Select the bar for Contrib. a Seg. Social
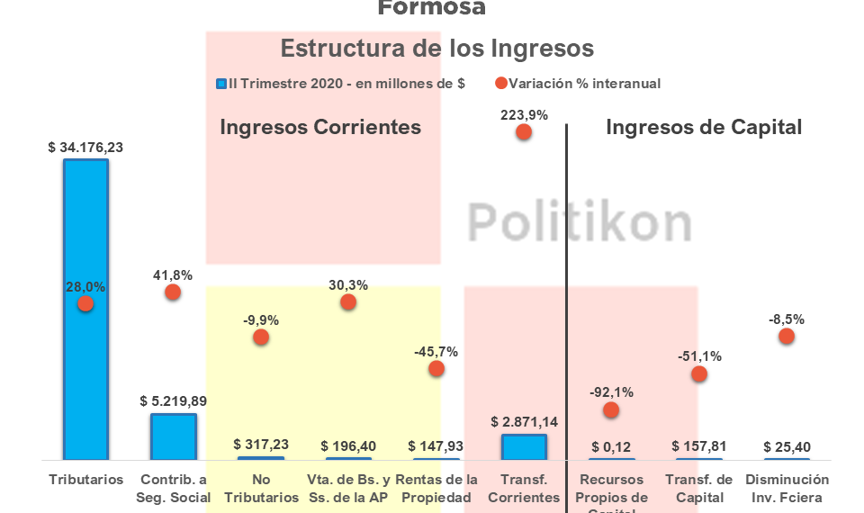point(173,436)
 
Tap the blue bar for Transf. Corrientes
point(524,447)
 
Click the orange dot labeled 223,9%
point(524,132)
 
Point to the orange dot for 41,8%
point(173,292)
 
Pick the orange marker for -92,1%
point(611,409)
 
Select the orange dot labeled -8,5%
point(787,336)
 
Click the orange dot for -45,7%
point(436,368)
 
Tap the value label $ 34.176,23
point(85,148)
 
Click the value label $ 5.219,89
point(173,400)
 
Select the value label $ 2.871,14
point(524,421)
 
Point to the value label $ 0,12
point(611,445)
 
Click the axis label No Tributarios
point(261,489)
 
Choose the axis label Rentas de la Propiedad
point(436,489)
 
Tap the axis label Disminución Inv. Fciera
point(787,489)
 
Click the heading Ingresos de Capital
point(703,128)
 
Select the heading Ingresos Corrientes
point(320,128)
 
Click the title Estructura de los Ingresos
point(436,48)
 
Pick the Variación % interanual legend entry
point(577,84)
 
